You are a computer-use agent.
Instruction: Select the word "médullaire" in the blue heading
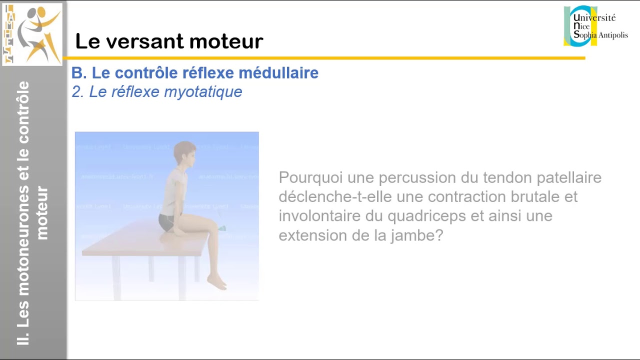pos(278,73)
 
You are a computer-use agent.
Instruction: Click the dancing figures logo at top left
pos(32,34)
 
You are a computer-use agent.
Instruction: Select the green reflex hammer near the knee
pos(221,228)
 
